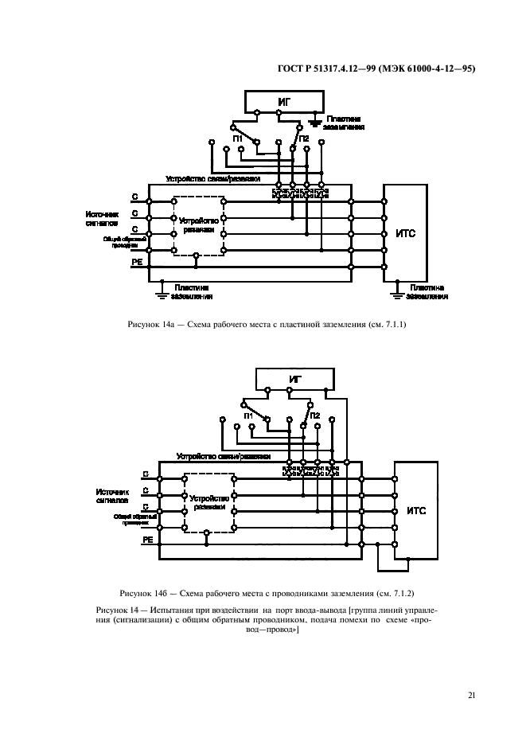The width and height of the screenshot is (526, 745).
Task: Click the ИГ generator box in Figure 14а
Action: (x=284, y=101)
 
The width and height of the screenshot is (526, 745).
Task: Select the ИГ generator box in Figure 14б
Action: (x=295, y=379)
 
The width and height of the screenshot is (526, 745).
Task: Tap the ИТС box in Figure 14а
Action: (x=405, y=232)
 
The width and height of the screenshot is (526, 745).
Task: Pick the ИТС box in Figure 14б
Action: (x=416, y=510)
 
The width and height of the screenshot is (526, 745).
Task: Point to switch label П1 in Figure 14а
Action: (x=238, y=138)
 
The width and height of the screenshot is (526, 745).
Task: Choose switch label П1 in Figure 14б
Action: (x=248, y=415)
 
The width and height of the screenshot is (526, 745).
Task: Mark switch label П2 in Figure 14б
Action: (x=314, y=415)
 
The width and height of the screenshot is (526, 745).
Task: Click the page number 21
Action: (x=472, y=696)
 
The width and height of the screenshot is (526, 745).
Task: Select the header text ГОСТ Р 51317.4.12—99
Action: (x=334, y=68)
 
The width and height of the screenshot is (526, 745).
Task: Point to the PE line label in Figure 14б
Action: (x=146, y=540)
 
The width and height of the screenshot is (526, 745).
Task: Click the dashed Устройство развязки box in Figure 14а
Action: (x=198, y=226)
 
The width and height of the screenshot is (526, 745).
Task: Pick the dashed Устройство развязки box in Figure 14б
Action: (x=208, y=503)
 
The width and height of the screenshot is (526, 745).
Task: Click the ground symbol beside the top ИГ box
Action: (x=317, y=122)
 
